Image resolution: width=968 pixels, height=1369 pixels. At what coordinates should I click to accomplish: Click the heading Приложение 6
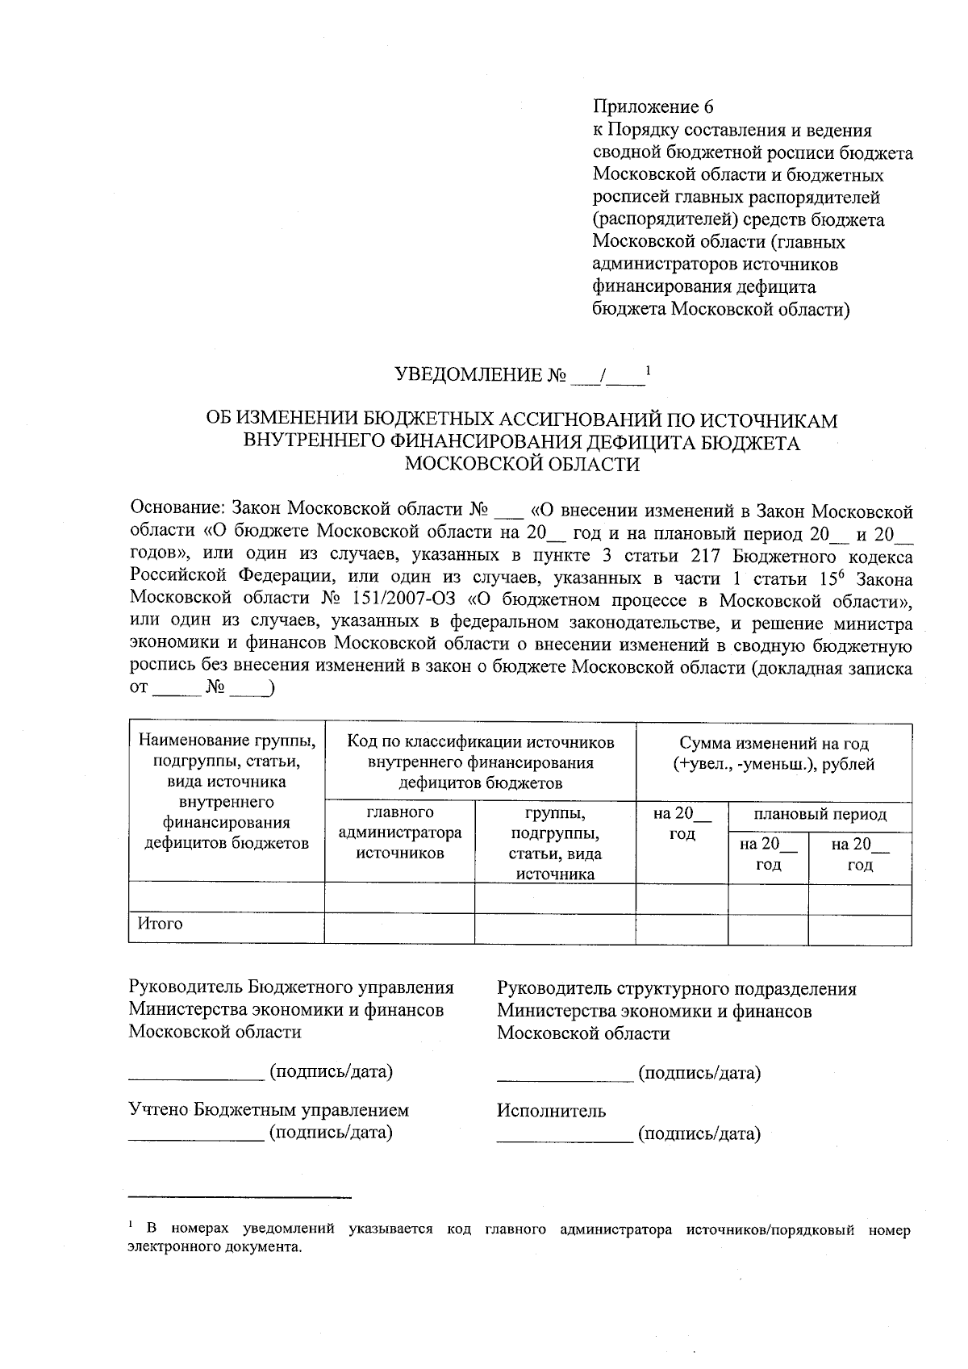coord(653,107)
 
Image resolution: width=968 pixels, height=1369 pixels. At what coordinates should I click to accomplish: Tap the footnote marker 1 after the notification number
coord(649,370)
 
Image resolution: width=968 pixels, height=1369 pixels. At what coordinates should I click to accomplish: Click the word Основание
coord(176,511)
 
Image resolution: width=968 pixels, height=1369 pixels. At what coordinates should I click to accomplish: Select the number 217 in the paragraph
coord(706,557)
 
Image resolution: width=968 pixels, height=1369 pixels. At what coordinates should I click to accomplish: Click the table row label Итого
coord(160,924)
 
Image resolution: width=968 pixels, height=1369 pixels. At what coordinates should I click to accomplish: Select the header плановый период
coord(820,814)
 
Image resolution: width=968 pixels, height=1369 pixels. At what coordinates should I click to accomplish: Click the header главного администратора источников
coord(400,832)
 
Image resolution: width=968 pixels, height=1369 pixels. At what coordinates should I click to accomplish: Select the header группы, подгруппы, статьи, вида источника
coord(555,842)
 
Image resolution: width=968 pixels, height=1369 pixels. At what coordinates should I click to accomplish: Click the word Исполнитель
coord(551,1111)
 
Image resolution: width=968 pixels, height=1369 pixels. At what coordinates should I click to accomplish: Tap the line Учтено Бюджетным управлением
coord(269,1110)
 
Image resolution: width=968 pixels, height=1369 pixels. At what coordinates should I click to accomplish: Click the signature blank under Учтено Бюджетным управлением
coord(196,1135)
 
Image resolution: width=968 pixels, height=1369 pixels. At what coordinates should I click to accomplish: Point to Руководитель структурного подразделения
coord(676,988)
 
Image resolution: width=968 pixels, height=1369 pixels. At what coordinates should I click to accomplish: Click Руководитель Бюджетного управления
coord(291,988)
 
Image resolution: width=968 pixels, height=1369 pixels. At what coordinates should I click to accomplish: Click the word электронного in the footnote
coord(169,1246)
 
